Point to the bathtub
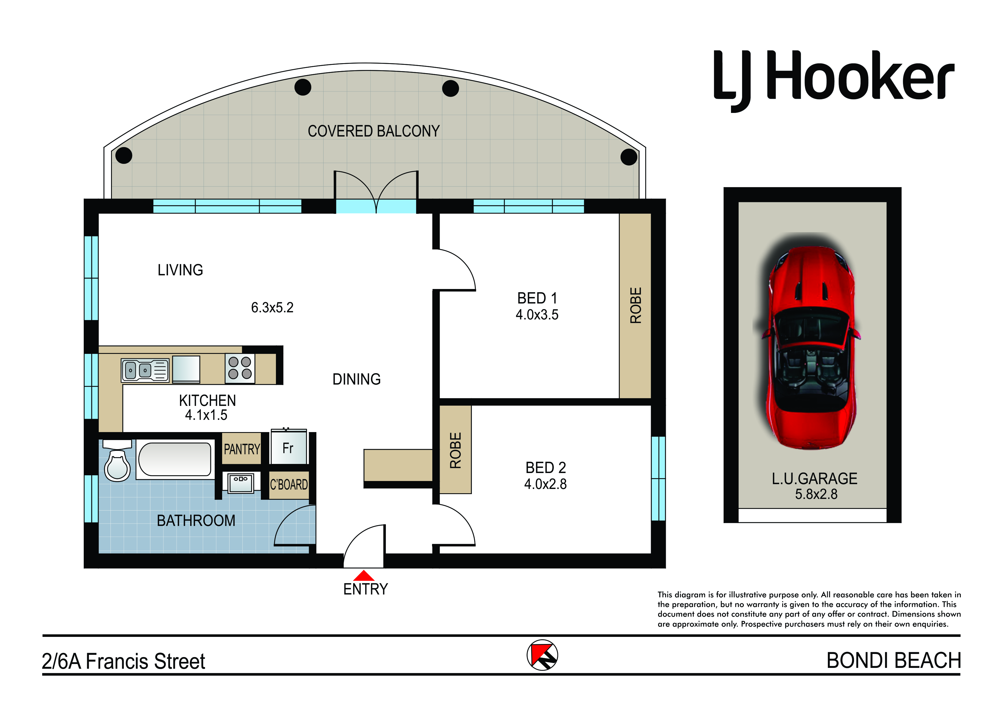pyautogui.click(x=175, y=459)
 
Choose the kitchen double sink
pyautogui.click(x=145, y=370)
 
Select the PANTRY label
pyautogui.click(x=242, y=449)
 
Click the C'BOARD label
pyautogui.click(x=289, y=484)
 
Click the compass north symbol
pyautogui.click(x=542, y=655)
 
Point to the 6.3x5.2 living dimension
pyautogui.click(x=272, y=308)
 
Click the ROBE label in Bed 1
pyautogui.click(x=636, y=305)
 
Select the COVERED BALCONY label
pyautogui.click(x=374, y=131)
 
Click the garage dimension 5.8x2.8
pyautogui.click(x=816, y=494)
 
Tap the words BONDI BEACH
pyautogui.click(x=894, y=661)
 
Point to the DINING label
pyautogui.click(x=357, y=379)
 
